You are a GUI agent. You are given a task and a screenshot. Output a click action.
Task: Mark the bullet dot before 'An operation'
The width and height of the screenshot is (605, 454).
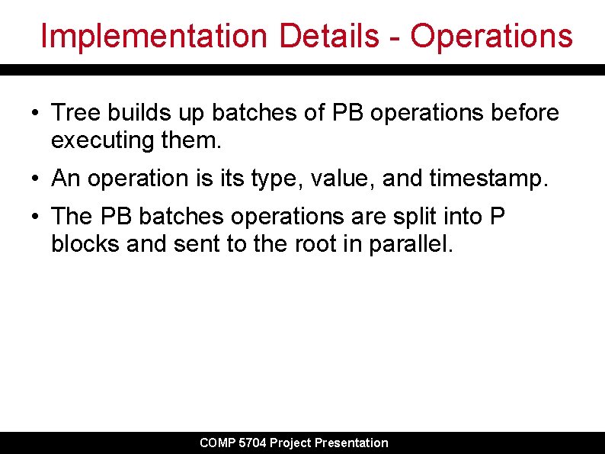coord(36,179)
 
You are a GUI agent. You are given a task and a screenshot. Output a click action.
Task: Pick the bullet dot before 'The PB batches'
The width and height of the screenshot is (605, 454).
coord(36,217)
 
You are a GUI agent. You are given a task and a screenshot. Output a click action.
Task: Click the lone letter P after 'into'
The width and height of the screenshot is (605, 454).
coord(496,216)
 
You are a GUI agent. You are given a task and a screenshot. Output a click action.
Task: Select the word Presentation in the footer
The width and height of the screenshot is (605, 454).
coord(351,443)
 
